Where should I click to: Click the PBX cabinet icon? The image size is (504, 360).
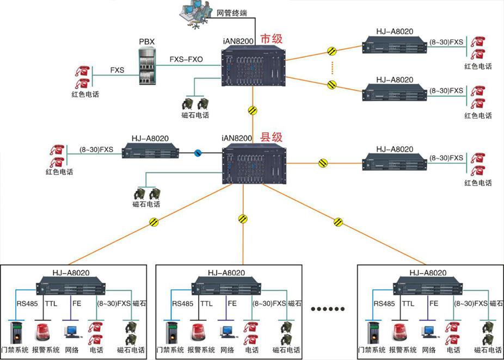(146, 69)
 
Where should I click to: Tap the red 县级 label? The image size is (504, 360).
(272, 138)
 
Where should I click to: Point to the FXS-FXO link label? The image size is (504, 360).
(186, 59)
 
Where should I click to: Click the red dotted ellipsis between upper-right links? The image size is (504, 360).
(332, 68)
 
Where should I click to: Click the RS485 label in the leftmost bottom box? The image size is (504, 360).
(28, 303)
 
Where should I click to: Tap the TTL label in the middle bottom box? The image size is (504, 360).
(206, 303)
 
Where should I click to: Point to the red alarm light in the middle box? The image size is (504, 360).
(198, 332)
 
